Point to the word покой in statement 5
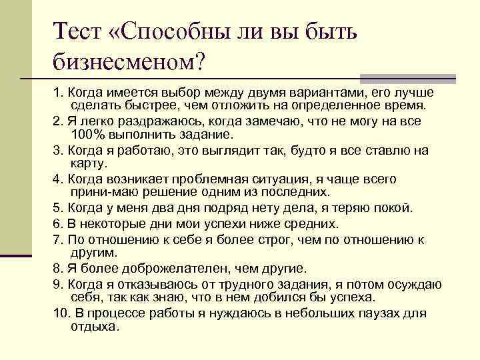(x=395, y=208)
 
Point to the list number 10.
(x=60, y=313)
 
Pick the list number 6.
(x=56, y=223)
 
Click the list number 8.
(x=56, y=269)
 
